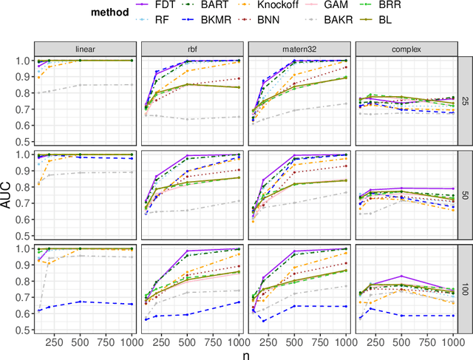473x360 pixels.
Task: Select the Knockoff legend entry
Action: pos(276,6)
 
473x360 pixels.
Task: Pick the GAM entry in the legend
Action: pos(345,6)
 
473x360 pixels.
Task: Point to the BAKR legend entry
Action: pos(350,19)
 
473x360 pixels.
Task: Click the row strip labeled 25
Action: pos(466,101)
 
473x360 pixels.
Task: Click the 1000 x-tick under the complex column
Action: pos(452,342)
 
